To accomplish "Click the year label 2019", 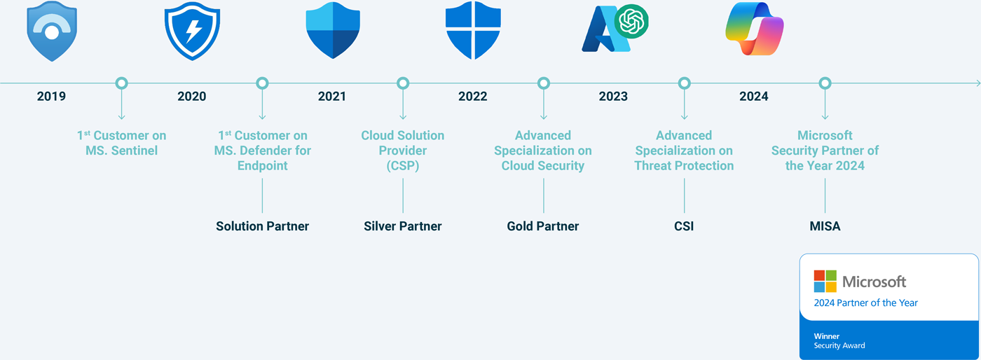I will tap(51, 96).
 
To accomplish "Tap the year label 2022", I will tap(472, 96).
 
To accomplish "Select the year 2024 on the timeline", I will tap(753, 96).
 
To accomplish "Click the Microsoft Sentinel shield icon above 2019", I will tap(51, 32).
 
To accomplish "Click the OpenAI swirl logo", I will tap(631, 22).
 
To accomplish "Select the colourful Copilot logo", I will tap(754, 29).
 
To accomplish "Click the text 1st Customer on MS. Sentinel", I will tap(121, 142).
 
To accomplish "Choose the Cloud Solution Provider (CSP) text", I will tap(403, 150).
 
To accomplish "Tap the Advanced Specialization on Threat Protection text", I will tap(684, 150).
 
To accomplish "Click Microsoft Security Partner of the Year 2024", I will tap(825, 150).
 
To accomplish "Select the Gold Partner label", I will tap(543, 226).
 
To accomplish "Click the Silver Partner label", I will tap(403, 226).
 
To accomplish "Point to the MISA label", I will tap(825, 226).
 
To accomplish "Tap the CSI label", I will tap(684, 226).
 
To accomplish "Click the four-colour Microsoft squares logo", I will tap(825, 281).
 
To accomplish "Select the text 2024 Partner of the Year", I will tap(865, 303).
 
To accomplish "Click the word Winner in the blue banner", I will tap(826, 336).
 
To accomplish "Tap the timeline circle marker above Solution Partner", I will tap(262, 83).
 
